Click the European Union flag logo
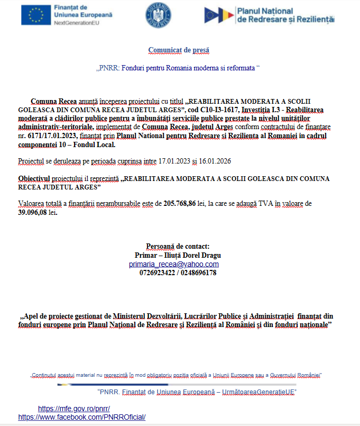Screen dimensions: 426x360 click(x=36, y=16)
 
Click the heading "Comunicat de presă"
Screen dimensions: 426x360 click(x=179, y=50)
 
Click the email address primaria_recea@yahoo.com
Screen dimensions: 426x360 click(x=174, y=264)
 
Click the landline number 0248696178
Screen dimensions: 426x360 click(x=198, y=273)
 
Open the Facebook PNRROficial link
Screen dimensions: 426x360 click(x=81, y=417)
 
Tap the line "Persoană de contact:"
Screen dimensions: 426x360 click(x=178, y=246)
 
